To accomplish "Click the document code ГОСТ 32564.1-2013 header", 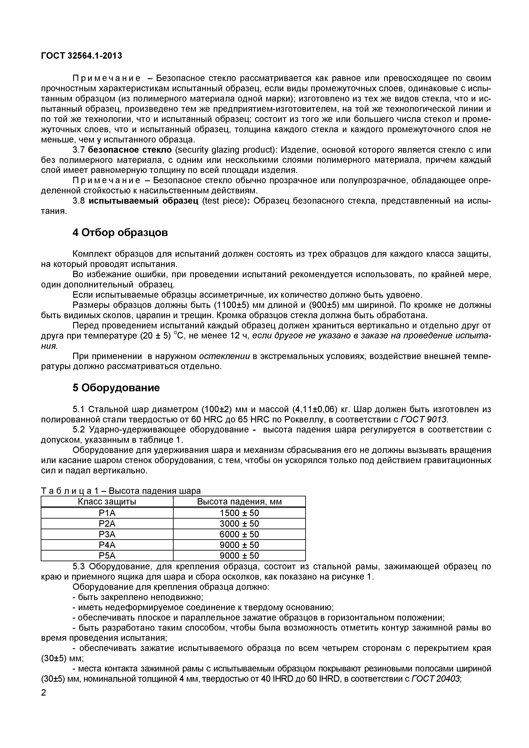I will (x=81, y=56).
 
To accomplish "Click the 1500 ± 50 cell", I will (x=239, y=513).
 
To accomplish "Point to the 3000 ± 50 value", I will (x=239, y=524).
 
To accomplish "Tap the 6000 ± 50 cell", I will (x=239, y=534).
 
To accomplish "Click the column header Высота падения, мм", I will (x=239, y=502).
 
